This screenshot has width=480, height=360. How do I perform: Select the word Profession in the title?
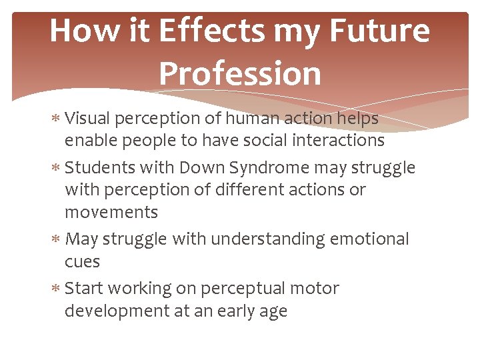coord(240,74)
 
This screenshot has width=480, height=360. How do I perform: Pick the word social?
coord(253,140)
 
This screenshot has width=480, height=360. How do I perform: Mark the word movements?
coord(111,213)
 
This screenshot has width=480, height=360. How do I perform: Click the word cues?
coord(82,261)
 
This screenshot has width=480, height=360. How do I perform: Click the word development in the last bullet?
coord(117,311)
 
